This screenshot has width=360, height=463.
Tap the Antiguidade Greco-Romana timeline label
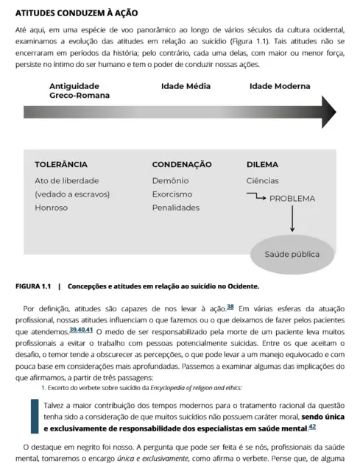[80, 91]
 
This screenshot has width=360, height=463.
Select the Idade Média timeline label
[186, 86]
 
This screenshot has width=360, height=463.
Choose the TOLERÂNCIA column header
[61, 164]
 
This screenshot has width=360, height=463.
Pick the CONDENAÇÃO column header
[182, 164]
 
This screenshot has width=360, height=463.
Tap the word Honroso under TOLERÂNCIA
[51, 208]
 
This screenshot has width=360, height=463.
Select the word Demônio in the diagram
[171, 180]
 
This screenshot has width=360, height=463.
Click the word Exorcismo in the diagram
[172, 194]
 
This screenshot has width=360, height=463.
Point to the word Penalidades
[176, 208]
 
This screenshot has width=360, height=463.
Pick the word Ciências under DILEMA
[262, 180]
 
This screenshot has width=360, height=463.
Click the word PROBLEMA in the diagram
[292, 198]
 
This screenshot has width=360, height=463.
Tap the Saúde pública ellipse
[292, 255]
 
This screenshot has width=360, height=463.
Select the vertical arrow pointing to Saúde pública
[292, 219]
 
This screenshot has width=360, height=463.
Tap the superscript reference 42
[312, 425]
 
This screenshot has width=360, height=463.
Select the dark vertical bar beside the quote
[34, 416]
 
